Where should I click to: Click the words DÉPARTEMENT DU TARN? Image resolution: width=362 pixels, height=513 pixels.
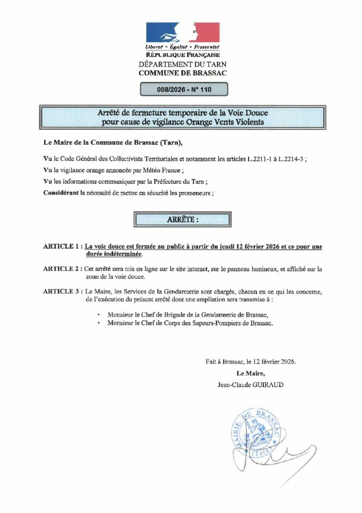(182, 64)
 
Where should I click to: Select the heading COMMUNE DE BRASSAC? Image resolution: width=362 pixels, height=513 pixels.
(182, 73)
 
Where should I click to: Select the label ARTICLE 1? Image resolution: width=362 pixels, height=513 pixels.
(61, 246)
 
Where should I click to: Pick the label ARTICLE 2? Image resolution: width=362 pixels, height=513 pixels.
(61, 269)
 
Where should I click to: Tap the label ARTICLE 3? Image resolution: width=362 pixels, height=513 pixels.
(61, 291)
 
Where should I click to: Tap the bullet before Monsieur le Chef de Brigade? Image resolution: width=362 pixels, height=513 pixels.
(99, 315)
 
